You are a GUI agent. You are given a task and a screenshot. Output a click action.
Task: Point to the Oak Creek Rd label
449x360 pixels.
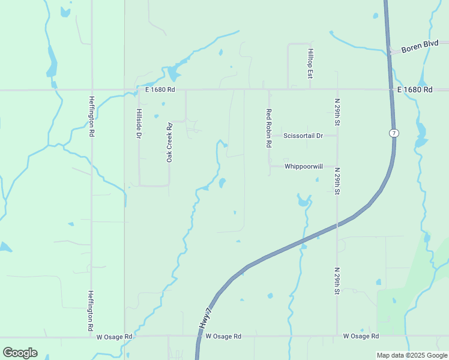[x=169, y=141]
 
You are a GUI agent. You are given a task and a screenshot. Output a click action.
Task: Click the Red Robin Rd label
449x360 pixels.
[x=269, y=128]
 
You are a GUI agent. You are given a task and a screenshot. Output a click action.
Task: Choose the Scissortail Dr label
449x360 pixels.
[x=303, y=136]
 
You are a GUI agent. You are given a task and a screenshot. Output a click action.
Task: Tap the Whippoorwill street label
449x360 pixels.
[x=304, y=166]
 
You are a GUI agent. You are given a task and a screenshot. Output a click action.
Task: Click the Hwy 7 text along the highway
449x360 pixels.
[x=205, y=318]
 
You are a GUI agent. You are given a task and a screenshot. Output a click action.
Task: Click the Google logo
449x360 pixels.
[x=20, y=353]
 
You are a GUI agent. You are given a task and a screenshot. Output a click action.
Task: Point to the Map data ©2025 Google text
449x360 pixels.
[x=412, y=355]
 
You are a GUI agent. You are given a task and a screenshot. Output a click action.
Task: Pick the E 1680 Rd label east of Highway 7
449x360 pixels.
[x=415, y=89]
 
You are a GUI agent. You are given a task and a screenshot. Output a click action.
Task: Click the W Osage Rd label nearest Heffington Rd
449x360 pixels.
[x=114, y=337]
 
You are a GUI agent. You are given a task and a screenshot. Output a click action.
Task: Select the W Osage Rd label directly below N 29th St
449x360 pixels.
[x=361, y=336]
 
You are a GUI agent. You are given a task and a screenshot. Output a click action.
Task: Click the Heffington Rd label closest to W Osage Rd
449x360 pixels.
[x=91, y=311]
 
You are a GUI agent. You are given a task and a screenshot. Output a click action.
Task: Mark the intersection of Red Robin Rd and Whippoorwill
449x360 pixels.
[x=269, y=166]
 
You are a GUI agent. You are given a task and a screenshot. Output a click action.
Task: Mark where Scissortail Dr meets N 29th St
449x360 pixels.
[x=337, y=136]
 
